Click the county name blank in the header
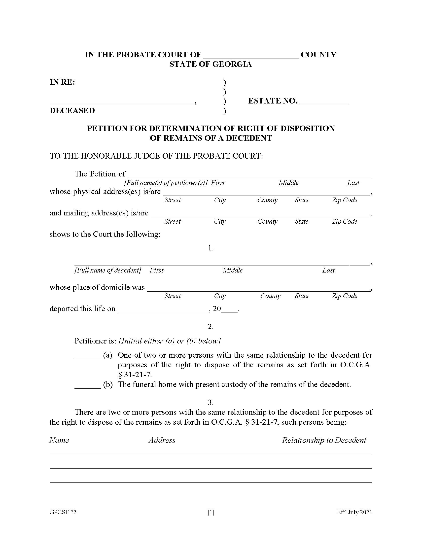(x=251, y=56)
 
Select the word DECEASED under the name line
(x=72, y=110)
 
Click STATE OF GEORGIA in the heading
(x=211, y=64)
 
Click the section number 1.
(x=211, y=248)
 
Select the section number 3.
(x=211, y=402)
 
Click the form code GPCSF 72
(x=63, y=512)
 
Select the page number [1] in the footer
(x=211, y=512)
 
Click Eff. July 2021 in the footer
(x=354, y=512)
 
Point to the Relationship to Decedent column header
(x=324, y=440)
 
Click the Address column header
(x=162, y=440)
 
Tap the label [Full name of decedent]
(x=108, y=270)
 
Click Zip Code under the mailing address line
(x=344, y=221)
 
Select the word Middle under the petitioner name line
(x=288, y=183)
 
